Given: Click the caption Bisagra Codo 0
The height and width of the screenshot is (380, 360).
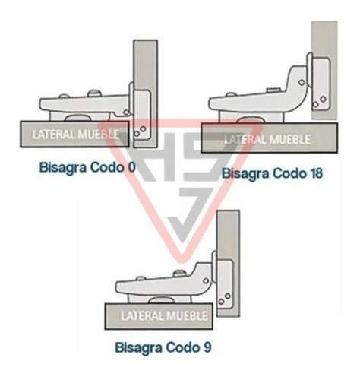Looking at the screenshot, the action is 87,167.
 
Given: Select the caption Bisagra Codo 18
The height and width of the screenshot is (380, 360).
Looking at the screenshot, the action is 272,173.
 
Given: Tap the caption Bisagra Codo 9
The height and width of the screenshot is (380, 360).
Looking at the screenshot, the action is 163,347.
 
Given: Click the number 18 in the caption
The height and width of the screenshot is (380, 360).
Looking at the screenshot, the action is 314,173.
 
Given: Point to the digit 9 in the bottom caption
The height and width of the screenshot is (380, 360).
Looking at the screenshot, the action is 207,347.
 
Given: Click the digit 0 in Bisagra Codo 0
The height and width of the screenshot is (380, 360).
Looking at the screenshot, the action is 131,167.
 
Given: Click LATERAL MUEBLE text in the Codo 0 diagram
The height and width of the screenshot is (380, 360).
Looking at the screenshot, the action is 75,135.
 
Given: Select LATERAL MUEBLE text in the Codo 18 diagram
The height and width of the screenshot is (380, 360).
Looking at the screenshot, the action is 267,139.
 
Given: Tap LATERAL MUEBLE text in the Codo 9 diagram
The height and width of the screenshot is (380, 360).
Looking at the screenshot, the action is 164,316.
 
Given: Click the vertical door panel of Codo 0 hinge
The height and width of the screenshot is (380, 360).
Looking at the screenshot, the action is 146,93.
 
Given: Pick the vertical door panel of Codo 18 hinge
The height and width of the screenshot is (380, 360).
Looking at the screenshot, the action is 324,70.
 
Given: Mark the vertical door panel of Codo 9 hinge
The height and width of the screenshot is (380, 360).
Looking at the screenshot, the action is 229,263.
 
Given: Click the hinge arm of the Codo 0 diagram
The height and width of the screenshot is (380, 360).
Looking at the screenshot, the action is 85,104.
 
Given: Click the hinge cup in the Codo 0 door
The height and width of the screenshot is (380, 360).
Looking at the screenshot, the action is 143,116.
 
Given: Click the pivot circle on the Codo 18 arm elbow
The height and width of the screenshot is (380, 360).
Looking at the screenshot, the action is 302,82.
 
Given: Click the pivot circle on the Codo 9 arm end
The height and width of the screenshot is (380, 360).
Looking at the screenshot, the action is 206,280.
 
